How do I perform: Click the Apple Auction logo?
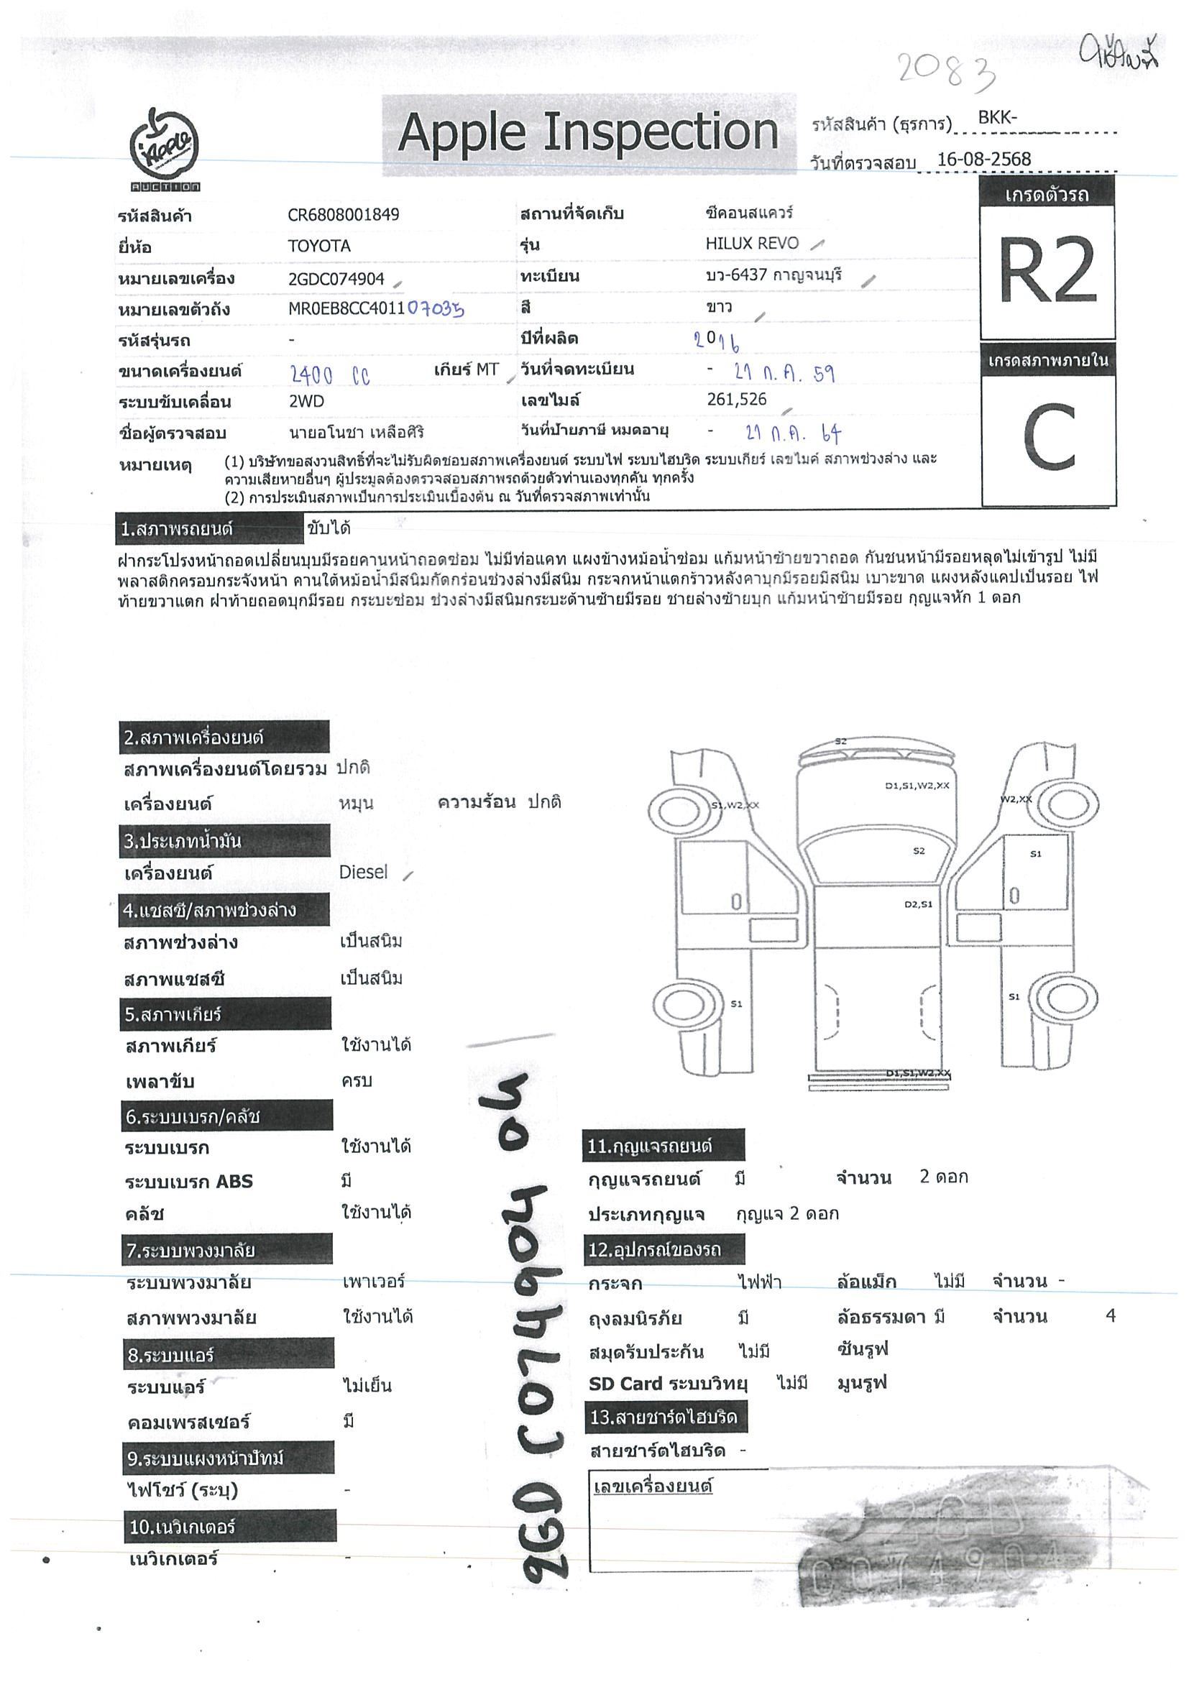[x=165, y=150]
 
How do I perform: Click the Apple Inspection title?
[x=587, y=133]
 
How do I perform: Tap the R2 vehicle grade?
[x=1047, y=272]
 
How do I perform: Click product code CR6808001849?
[x=343, y=215]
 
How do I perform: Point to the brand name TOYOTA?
[x=318, y=246]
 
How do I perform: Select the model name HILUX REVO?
[x=752, y=243]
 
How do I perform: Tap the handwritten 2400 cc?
[x=331, y=376]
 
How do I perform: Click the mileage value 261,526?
[x=736, y=399]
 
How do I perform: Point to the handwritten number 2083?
[x=945, y=71]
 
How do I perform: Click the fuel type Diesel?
[x=363, y=872]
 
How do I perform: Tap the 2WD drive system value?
[x=306, y=402]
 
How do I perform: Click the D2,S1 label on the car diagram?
[x=918, y=904]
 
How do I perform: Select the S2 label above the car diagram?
[x=840, y=741]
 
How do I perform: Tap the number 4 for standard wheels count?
[x=1110, y=1315]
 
